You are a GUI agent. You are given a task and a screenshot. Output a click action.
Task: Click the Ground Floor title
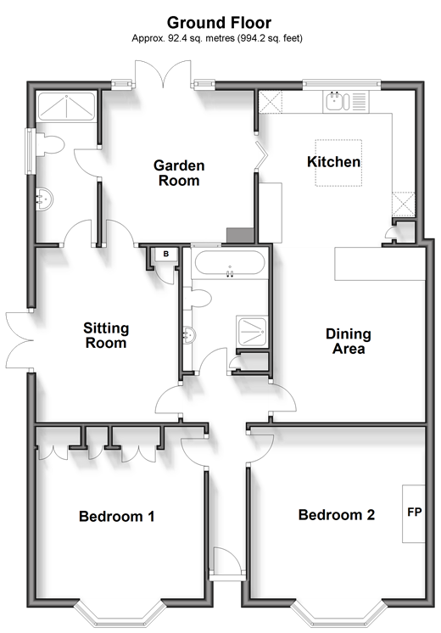[x=219, y=23]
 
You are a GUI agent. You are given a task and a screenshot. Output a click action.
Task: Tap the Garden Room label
[x=179, y=173]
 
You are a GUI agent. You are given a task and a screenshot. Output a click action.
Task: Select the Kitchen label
[x=333, y=162]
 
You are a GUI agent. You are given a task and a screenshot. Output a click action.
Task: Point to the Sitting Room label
[x=106, y=335]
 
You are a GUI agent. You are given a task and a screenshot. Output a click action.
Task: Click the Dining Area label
[x=349, y=341]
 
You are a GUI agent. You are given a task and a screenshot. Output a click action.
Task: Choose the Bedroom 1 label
[x=116, y=517]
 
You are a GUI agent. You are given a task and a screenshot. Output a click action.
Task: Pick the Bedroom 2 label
[x=337, y=515]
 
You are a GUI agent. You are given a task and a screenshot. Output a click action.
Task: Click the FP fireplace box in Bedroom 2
[x=414, y=513]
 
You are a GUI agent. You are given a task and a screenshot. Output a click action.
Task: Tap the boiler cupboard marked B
[x=165, y=255]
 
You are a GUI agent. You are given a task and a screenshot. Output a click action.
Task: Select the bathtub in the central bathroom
[x=230, y=263]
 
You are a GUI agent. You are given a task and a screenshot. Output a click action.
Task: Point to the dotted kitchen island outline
[x=338, y=163]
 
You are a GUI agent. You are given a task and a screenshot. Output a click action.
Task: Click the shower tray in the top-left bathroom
[x=66, y=107]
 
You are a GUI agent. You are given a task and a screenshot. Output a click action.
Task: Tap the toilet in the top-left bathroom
[x=50, y=144]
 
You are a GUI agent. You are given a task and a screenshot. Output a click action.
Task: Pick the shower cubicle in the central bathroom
[x=252, y=331]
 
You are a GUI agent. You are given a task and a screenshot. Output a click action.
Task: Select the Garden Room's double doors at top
[x=163, y=74]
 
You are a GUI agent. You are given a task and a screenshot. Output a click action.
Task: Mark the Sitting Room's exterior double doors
[x=19, y=340]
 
